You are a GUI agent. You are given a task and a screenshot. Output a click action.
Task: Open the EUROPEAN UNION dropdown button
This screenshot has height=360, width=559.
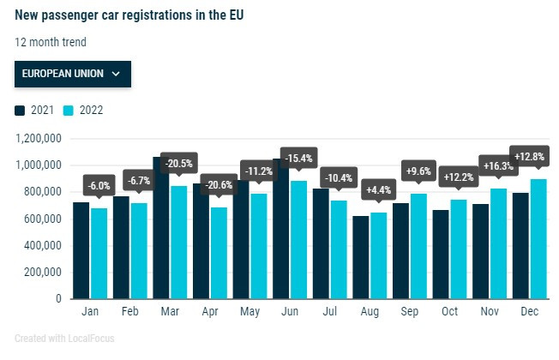(72, 74)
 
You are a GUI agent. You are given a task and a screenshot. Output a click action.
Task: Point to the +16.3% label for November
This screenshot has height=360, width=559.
(499, 166)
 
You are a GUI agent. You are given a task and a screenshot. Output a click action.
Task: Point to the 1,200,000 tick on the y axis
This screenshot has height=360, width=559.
(37, 138)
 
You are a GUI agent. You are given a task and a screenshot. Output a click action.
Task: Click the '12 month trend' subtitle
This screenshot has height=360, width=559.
(51, 42)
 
